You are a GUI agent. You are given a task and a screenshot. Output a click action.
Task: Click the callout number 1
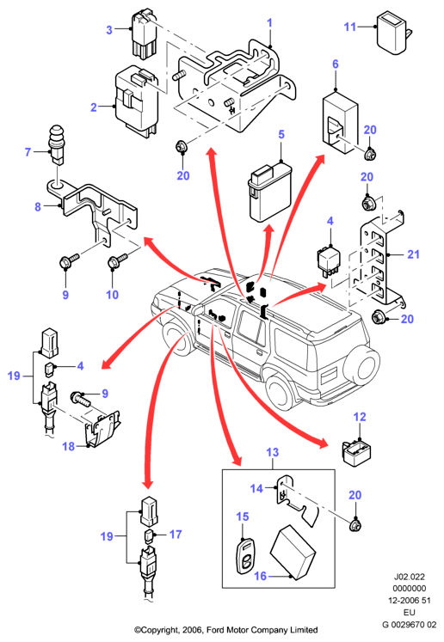click(x=270, y=23)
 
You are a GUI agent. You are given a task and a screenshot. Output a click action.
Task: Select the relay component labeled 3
click(x=143, y=34)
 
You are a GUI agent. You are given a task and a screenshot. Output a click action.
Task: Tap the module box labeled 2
click(x=137, y=100)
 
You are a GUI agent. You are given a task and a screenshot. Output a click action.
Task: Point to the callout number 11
click(x=349, y=27)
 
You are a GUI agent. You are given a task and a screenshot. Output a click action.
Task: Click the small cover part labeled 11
click(x=393, y=33)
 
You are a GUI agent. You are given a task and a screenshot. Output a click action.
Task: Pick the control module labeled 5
click(x=268, y=192)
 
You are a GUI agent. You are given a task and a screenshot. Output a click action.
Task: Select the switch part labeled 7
click(x=58, y=145)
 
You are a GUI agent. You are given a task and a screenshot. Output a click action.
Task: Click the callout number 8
click(x=38, y=207)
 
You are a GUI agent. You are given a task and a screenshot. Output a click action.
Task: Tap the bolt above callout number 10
click(x=117, y=260)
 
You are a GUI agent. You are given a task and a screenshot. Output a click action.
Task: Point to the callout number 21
click(x=413, y=254)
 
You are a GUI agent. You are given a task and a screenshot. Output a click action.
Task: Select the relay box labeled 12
click(x=357, y=452)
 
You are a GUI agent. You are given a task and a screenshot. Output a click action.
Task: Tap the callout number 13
click(x=272, y=452)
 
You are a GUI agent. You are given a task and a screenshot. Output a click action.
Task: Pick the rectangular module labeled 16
click(x=293, y=552)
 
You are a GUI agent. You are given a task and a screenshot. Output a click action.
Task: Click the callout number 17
click(x=176, y=535)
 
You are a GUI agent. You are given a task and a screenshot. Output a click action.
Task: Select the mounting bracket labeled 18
click(x=102, y=429)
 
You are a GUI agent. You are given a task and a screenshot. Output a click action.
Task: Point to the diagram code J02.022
click(x=410, y=577)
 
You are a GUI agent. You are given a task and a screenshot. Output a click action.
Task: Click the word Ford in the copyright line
click(x=218, y=630)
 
